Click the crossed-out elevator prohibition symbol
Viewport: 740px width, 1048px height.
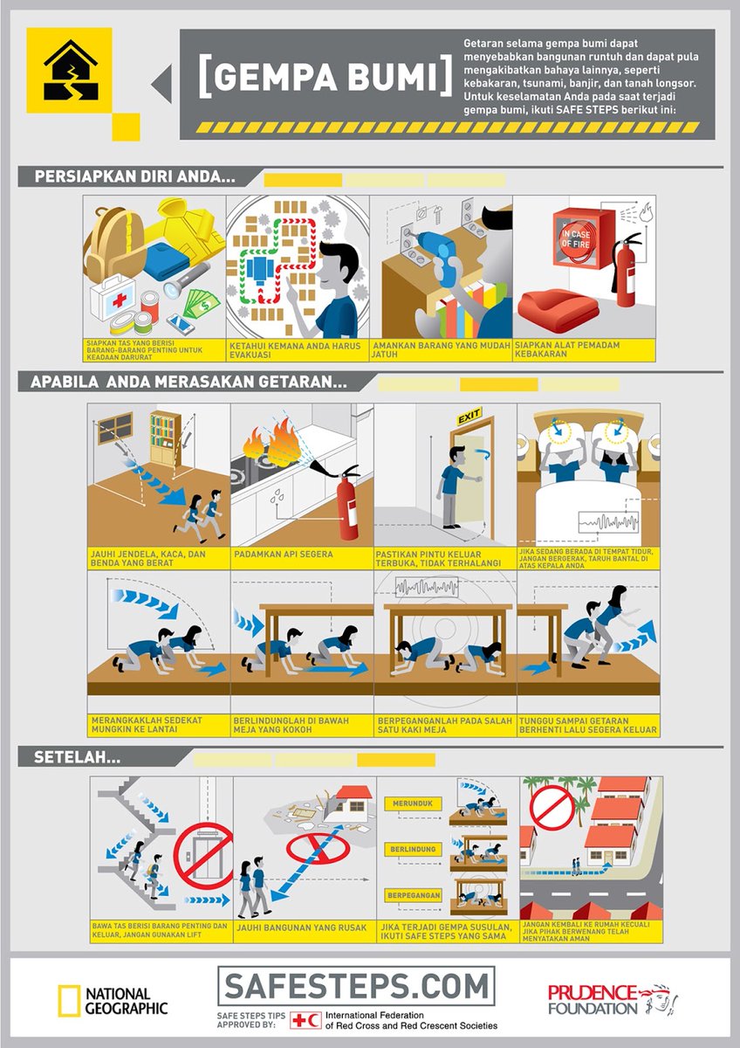[203, 853]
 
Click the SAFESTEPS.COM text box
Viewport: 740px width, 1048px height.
[355, 986]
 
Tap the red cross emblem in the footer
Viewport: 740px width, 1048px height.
[305, 1020]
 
